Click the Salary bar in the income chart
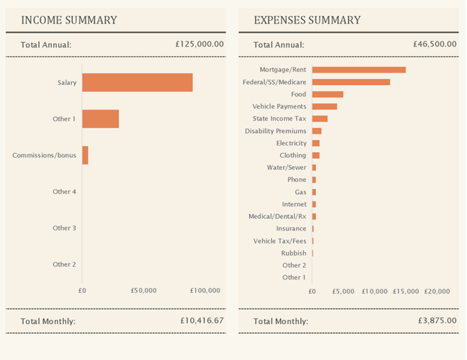tap(137, 82)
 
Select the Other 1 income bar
tap(100, 119)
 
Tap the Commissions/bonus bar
tap(85, 155)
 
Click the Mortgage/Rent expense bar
tap(358, 70)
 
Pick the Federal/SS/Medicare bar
tap(351, 82)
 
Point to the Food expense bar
tap(327, 94)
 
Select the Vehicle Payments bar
tap(324, 107)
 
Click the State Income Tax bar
tap(320, 118)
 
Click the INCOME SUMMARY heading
tap(69, 20)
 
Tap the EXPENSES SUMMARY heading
tap(307, 20)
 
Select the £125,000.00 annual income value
tap(199, 44)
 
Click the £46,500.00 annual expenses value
tap(434, 44)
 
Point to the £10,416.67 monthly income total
tap(202, 321)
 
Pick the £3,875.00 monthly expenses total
tap(437, 321)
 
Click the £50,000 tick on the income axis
tap(144, 291)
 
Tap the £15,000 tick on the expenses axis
tap(405, 291)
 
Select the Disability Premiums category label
tap(275, 131)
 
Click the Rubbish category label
tap(293, 253)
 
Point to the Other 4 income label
tap(64, 192)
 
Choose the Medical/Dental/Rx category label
tap(277, 217)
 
